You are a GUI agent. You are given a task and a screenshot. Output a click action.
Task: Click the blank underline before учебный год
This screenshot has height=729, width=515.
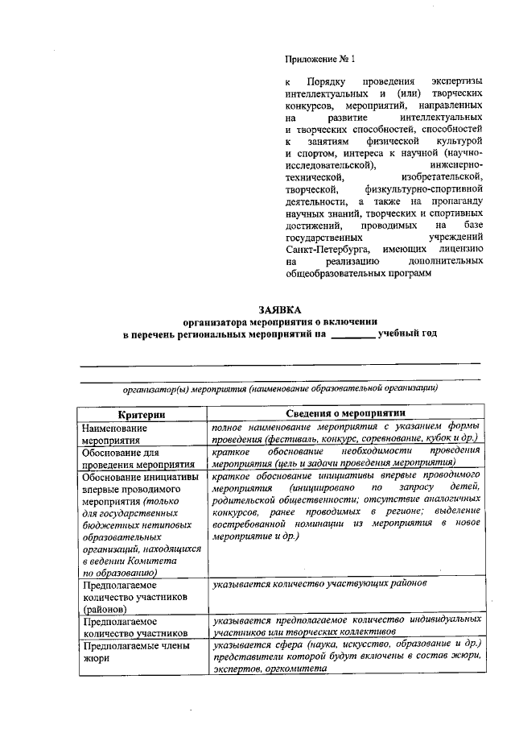click(353, 333)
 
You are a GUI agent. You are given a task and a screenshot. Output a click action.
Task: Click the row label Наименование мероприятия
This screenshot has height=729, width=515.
click(113, 433)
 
